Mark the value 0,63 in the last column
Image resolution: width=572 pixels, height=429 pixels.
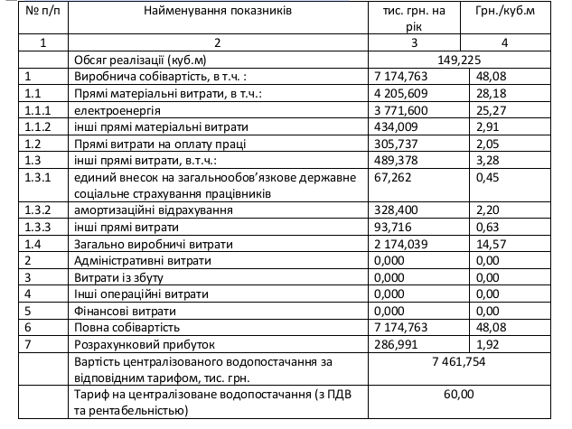488,226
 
